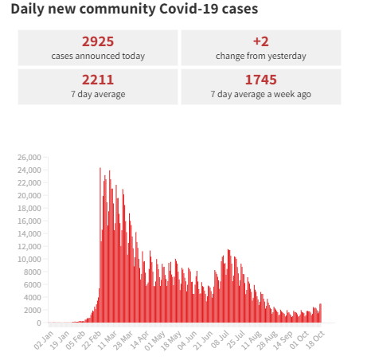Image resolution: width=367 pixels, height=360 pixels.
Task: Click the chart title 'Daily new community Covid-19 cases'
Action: tap(134, 10)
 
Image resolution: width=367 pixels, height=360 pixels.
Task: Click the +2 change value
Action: tap(260, 41)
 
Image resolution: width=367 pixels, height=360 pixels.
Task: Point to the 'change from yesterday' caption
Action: tap(260, 56)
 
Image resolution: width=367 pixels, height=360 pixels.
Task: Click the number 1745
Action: tap(260, 80)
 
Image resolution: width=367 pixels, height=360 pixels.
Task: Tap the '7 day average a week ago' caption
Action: tap(260, 94)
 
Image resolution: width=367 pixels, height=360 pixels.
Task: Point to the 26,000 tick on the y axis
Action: tap(29, 157)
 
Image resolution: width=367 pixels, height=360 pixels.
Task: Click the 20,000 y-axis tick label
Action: tap(29, 195)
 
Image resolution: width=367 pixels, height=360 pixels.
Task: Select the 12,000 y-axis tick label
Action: tap(29, 246)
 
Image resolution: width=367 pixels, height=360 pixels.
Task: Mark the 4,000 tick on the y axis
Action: tap(30, 297)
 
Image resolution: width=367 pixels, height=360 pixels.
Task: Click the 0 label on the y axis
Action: tap(38, 323)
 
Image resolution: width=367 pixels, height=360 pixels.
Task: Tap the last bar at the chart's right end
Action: tap(321, 314)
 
